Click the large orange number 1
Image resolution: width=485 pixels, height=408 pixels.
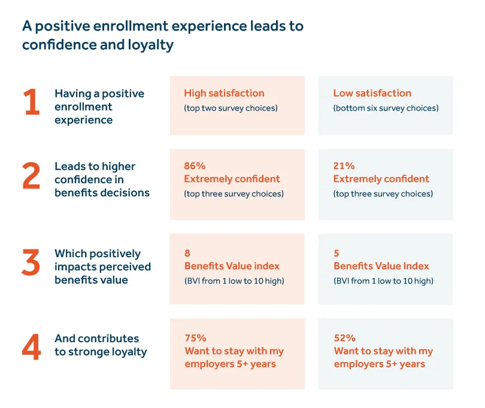click(x=31, y=103)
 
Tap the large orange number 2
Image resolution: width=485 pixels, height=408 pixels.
click(x=31, y=176)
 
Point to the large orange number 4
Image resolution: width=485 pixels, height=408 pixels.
click(x=31, y=348)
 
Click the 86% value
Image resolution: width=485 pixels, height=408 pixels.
click(x=195, y=166)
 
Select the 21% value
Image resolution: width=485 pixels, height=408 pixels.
click(x=344, y=166)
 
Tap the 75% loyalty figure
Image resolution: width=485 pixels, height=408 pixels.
click(x=195, y=338)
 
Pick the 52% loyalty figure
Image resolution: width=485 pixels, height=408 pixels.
click(x=344, y=338)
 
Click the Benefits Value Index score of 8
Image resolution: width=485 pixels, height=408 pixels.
click(x=187, y=253)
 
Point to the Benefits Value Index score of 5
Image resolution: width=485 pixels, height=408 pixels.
click(x=337, y=253)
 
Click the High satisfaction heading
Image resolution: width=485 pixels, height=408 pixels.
click(x=224, y=93)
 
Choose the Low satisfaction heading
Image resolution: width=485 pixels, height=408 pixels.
click(x=372, y=93)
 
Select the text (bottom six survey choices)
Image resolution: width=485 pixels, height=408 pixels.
click(x=386, y=108)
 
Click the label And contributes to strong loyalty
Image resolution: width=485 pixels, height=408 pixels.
click(x=100, y=345)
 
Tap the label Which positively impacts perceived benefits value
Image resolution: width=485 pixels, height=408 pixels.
click(x=102, y=266)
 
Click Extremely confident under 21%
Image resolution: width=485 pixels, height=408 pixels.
click(x=381, y=179)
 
